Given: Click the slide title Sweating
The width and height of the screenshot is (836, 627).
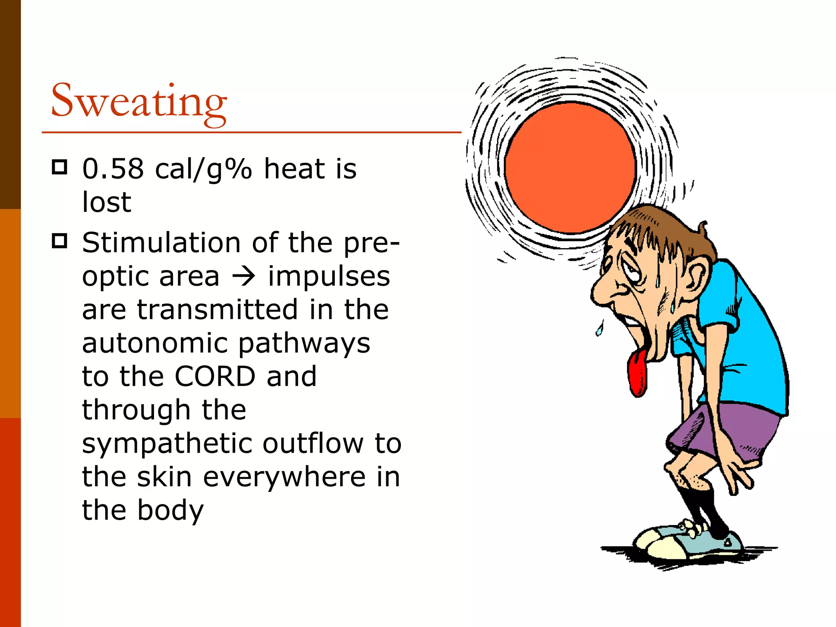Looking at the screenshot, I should click(139, 101).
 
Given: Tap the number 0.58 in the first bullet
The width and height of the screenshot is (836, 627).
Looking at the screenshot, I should click(113, 169).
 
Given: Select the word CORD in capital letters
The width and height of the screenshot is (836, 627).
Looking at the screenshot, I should click(215, 376).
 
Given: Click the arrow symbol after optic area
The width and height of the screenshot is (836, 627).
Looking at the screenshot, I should click(243, 276).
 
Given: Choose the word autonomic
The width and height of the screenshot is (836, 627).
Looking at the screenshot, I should click(154, 343).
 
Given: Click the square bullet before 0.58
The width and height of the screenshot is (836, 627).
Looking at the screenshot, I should click(60, 167).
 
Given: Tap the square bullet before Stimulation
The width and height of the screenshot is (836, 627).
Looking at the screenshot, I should click(60, 241).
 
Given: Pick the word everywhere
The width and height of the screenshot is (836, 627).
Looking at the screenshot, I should click(284, 477).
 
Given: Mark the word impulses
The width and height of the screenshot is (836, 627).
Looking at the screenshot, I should click(329, 276).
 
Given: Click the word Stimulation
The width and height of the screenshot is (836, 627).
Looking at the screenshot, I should click(161, 242).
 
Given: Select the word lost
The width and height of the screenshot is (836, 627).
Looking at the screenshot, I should click(107, 202).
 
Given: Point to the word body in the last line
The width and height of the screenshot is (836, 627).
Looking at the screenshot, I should click(170, 510).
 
